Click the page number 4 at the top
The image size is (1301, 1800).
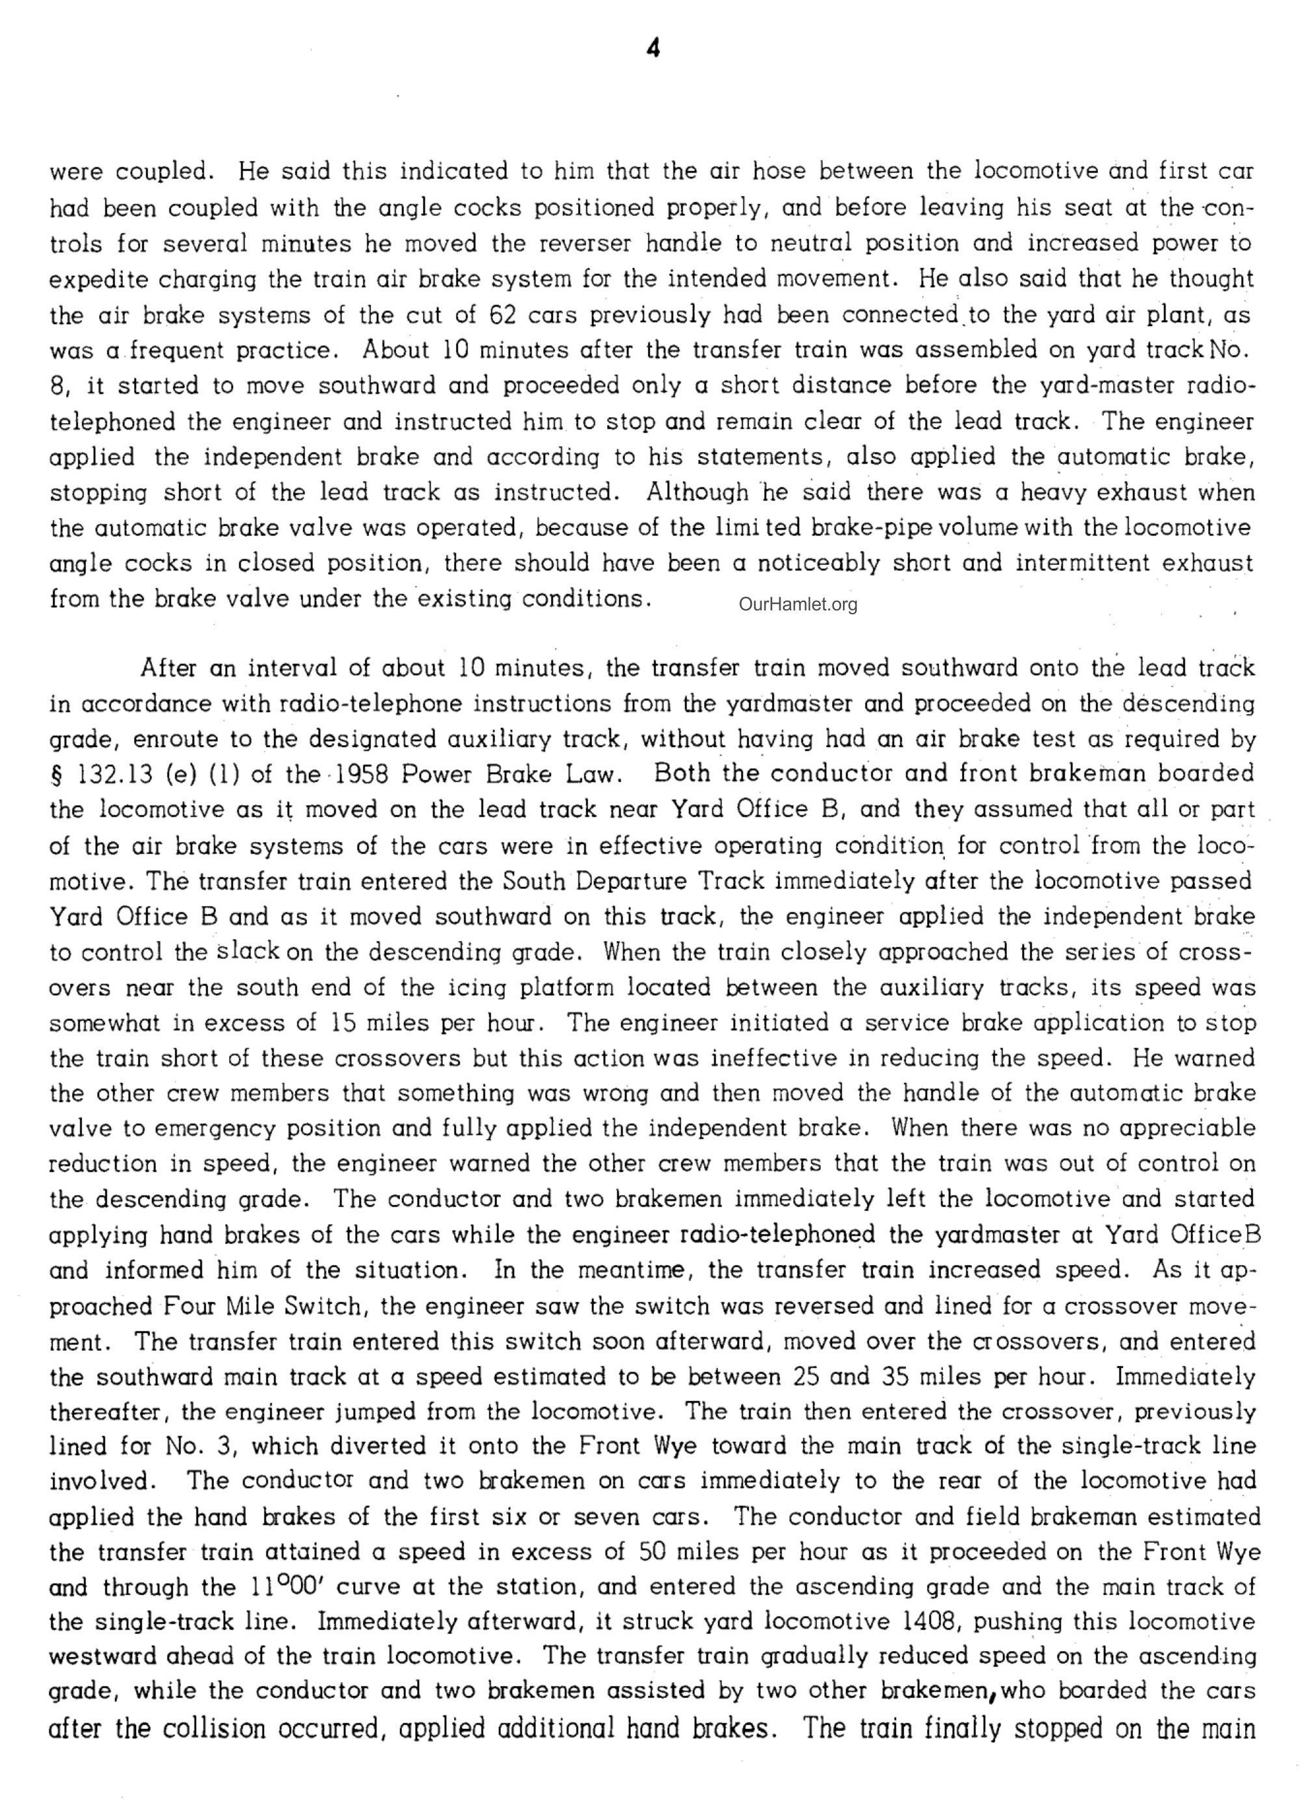653,50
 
